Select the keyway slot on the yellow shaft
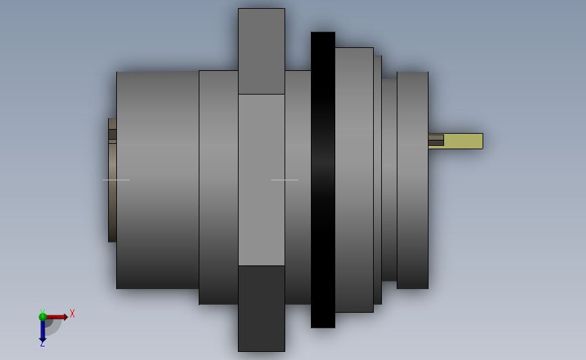[x=436, y=140]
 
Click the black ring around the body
[x=322, y=180]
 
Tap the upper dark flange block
[x=261, y=51]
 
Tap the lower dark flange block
[x=261, y=308]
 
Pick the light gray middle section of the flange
[x=261, y=180]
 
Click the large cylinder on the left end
[x=157, y=180]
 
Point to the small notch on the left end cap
[x=112, y=134]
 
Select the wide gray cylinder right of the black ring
[x=353, y=180]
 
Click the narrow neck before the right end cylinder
[x=389, y=180]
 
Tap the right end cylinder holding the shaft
[x=412, y=180]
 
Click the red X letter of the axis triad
[x=72, y=313]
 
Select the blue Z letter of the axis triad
[x=42, y=344]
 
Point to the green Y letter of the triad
[x=42, y=311]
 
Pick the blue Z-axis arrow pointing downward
[x=43, y=331]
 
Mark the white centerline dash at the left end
[x=116, y=180]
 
